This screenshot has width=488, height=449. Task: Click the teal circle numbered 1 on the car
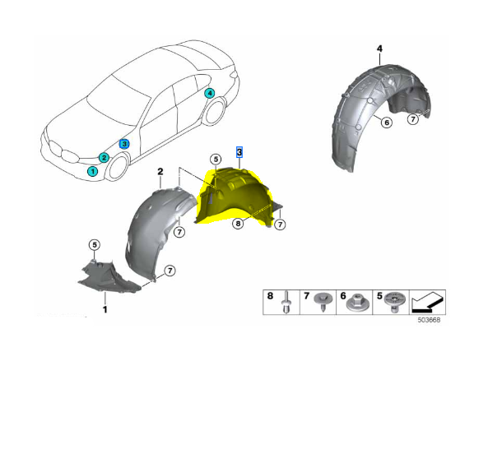click(92, 171)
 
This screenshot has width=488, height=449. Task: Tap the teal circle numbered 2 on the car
click(104, 158)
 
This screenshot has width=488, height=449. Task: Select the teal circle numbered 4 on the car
click(210, 93)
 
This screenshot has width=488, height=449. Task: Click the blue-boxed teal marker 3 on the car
click(124, 144)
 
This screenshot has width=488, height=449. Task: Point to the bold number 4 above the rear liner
click(379, 49)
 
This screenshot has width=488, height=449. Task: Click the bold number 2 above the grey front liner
click(160, 172)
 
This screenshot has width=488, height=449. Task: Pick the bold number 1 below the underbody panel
click(105, 309)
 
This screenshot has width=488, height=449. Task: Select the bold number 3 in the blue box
click(239, 152)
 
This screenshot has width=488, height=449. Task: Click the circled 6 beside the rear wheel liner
click(387, 123)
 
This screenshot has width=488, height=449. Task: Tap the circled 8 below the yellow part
click(238, 223)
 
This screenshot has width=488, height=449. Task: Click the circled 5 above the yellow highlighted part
click(216, 160)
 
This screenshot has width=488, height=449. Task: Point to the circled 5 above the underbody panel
click(95, 245)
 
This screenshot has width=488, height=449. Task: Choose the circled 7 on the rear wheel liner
click(413, 118)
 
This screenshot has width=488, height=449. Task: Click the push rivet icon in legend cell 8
click(286, 302)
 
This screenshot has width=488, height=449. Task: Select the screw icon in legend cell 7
click(323, 301)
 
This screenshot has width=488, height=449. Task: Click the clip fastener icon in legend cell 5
click(395, 302)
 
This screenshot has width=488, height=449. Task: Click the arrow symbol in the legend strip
click(427, 303)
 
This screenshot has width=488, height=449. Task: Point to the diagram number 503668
click(429, 320)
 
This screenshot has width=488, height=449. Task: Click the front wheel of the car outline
click(118, 167)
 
